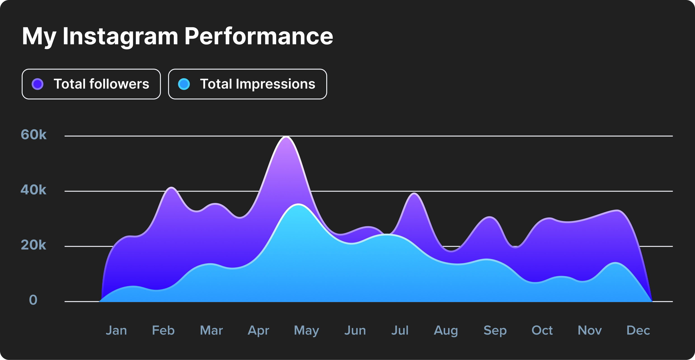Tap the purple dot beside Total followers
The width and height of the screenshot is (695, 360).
click(x=38, y=84)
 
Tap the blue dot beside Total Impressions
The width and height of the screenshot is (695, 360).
click(x=184, y=84)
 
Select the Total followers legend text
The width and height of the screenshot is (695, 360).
click(x=101, y=84)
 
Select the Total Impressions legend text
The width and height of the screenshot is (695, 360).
click(x=257, y=84)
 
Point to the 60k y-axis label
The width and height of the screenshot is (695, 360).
click(x=33, y=134)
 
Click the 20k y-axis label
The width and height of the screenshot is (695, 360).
click(x=33, y=245)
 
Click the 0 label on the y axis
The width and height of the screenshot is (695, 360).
click(x=33, y=300)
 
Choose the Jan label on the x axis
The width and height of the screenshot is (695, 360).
click(x=116, y=330)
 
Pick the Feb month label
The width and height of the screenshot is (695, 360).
click(x=163, y=330)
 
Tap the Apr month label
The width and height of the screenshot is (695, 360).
click(x=258, y=330)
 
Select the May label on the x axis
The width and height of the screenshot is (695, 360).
click(x=306, y=330)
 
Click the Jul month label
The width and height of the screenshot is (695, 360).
click(x=400, y=330)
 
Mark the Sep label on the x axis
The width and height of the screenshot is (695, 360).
click(x=495, y=330)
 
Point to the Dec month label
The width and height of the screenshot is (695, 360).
click(x=638, y=330)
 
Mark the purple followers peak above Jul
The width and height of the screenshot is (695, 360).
click(x=414, y=193)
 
